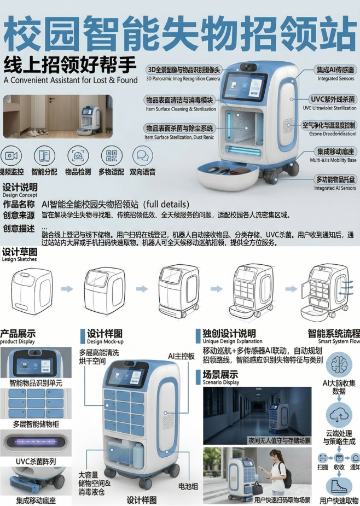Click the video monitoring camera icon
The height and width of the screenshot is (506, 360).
[x=11, y=155]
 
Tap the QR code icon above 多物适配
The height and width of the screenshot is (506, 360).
[x=112, y=156]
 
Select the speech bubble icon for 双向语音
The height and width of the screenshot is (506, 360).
[x=142, y=156]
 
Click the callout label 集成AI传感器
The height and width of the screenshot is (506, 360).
[x=335, y=70]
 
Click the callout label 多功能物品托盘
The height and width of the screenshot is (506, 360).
[x=335, y=179]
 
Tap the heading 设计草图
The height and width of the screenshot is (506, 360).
[x=20, y=252]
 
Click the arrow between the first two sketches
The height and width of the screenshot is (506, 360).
[x=67, y=288]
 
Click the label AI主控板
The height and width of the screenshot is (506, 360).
[x=181, y=356]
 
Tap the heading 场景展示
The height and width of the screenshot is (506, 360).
[x=217, y=375]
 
